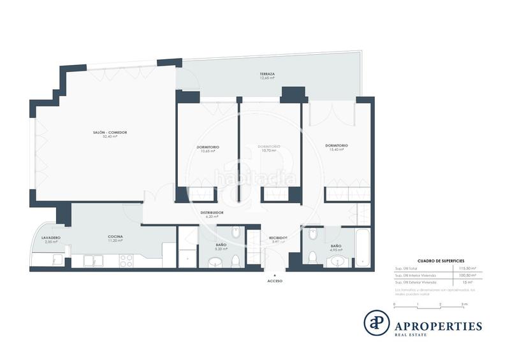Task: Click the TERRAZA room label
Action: point(267,74)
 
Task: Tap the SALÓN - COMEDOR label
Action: point(110,132)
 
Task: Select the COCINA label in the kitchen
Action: point(115,236)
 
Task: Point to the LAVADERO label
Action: point(51,237)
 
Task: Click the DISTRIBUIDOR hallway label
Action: point(212,212)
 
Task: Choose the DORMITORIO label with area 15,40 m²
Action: point(336,145)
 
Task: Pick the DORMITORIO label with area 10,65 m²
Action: point(207,147)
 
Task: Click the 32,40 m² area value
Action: point(110,136)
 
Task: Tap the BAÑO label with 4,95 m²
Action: point(335,245)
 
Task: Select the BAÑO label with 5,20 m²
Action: point(221,245)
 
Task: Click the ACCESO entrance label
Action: point(275,280)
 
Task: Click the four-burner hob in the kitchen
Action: point(126,260)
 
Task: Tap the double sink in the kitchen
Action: point(92,260)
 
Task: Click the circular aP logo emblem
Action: point(376,322)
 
